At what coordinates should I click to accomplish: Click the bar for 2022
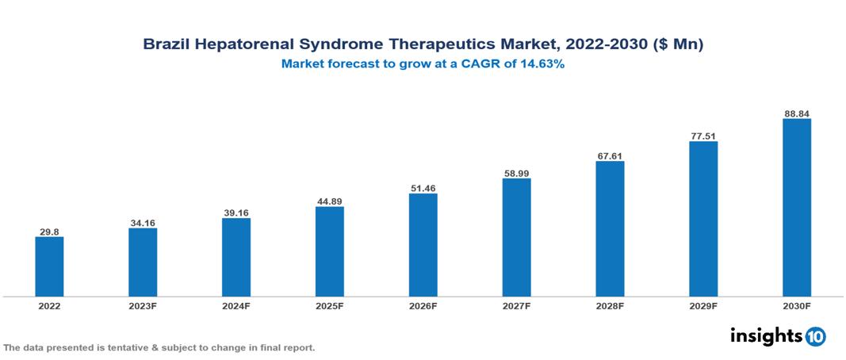[49, 266]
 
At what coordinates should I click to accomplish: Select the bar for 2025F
[329, 251]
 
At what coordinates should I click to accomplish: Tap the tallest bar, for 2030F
[796, 208]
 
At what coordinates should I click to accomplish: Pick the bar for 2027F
[516, 237]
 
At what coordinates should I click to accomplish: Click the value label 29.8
[49, 232]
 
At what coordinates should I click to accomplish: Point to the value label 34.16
[143, 223]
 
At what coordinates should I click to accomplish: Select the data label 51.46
[423, 188]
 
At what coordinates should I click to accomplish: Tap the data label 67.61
[610, 155]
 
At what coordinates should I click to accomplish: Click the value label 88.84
[796, 113]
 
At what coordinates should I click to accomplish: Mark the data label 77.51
[703, 136]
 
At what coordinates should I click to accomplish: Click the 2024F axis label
[236, 306]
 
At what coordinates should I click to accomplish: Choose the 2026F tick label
[423, 306]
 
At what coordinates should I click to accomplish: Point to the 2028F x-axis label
[610, 306]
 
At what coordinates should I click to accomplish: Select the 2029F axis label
[703, 306]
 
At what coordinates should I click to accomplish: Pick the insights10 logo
[777, 335]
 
